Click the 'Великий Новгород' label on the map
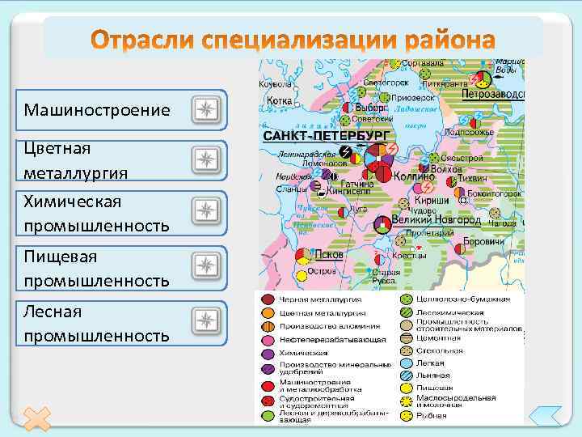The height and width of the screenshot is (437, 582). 436,219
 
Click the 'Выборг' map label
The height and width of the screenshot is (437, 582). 370,107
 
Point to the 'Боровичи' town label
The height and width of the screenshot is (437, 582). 490,241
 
